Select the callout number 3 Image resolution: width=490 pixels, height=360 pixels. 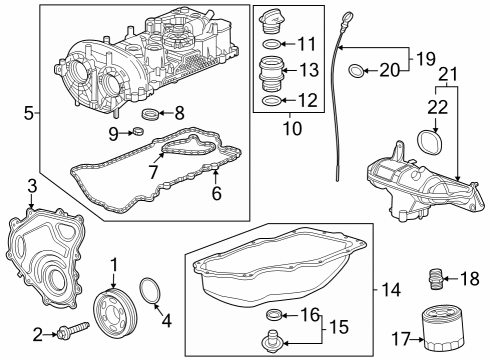pos(33,186)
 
